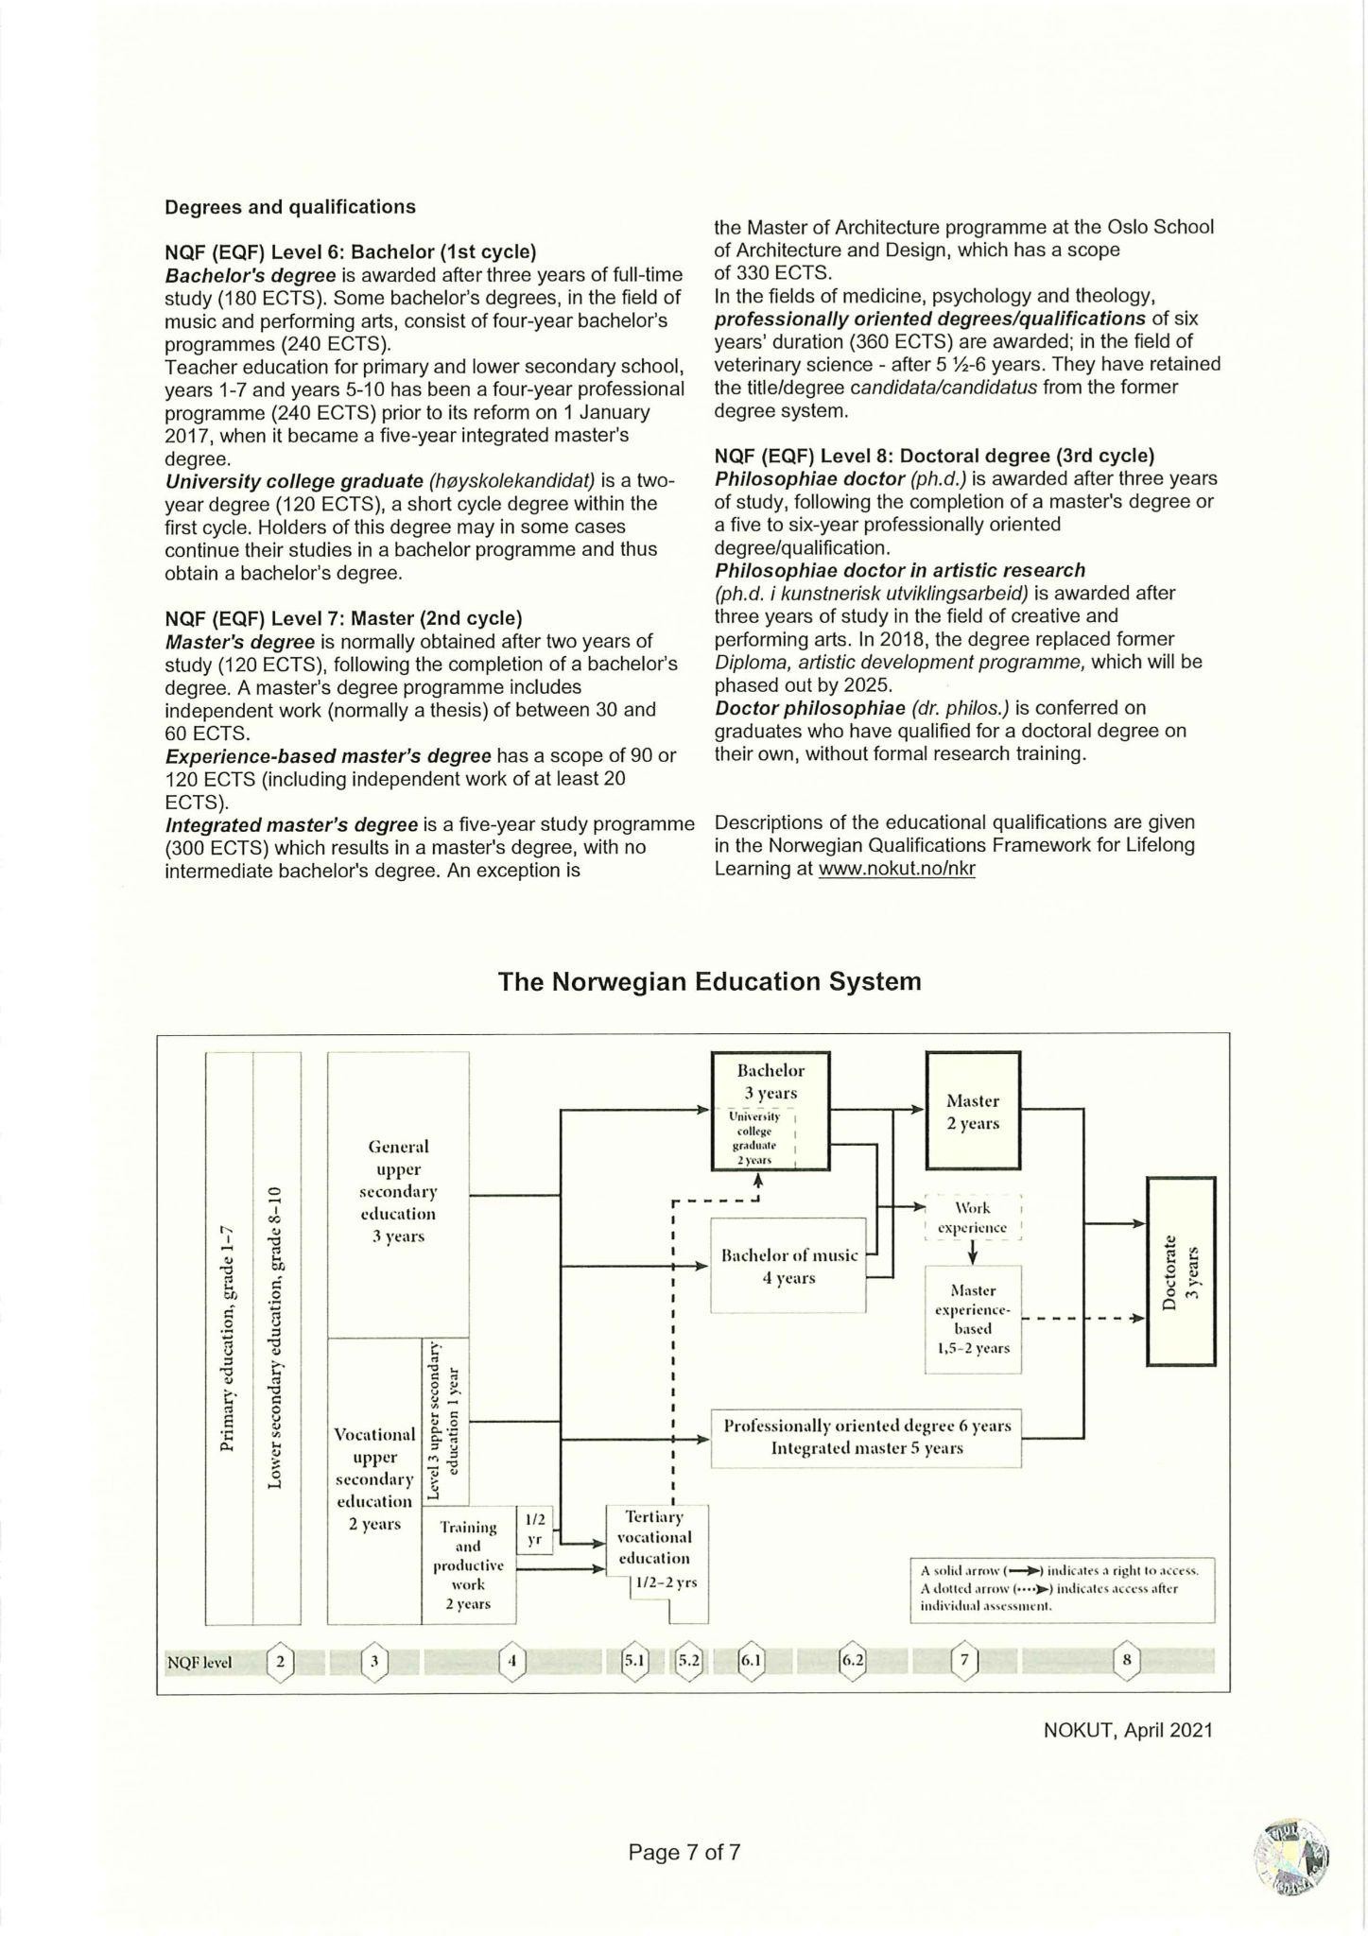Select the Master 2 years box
973,1112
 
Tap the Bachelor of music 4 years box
788,1266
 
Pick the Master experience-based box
973,1319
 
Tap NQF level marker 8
1126,1660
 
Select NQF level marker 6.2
853,1660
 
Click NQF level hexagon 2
280,1660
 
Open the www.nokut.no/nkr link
896,868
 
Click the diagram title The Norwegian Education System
709,981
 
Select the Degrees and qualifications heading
289,206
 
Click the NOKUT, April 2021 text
1127,1731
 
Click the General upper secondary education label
398,1191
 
